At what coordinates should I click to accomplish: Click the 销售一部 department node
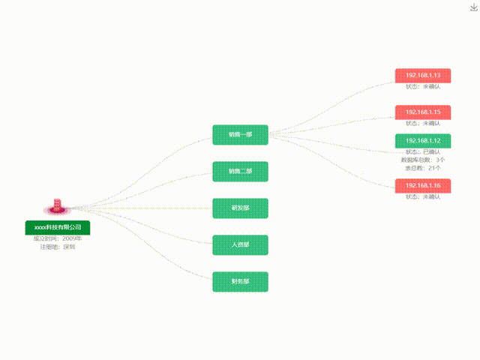(240, 135)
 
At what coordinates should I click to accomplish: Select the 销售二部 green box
(240, 172)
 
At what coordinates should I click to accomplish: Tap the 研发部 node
(240, 208)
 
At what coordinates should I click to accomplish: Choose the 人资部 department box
(240, 244)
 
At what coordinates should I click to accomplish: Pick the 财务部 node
(240, 282)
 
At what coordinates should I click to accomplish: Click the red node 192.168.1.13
(423, 76)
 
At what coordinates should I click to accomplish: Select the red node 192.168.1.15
(423, 112)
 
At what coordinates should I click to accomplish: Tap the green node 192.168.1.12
(423, 140)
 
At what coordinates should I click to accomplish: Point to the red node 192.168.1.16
(423, 185)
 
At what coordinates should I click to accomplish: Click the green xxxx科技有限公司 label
(58, 226)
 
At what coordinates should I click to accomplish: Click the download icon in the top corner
(473, 7)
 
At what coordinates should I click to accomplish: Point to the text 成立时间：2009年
(58, 238)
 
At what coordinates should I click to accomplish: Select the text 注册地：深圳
(58, 247)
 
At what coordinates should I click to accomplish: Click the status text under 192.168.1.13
(423, 87)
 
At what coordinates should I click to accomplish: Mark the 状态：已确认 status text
(423, 152)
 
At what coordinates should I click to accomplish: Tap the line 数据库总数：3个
(423, 160)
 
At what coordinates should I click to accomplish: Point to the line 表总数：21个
(423, 168)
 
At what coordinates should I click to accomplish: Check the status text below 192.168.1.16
(423, 196)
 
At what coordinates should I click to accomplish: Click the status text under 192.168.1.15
(423, 123)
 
